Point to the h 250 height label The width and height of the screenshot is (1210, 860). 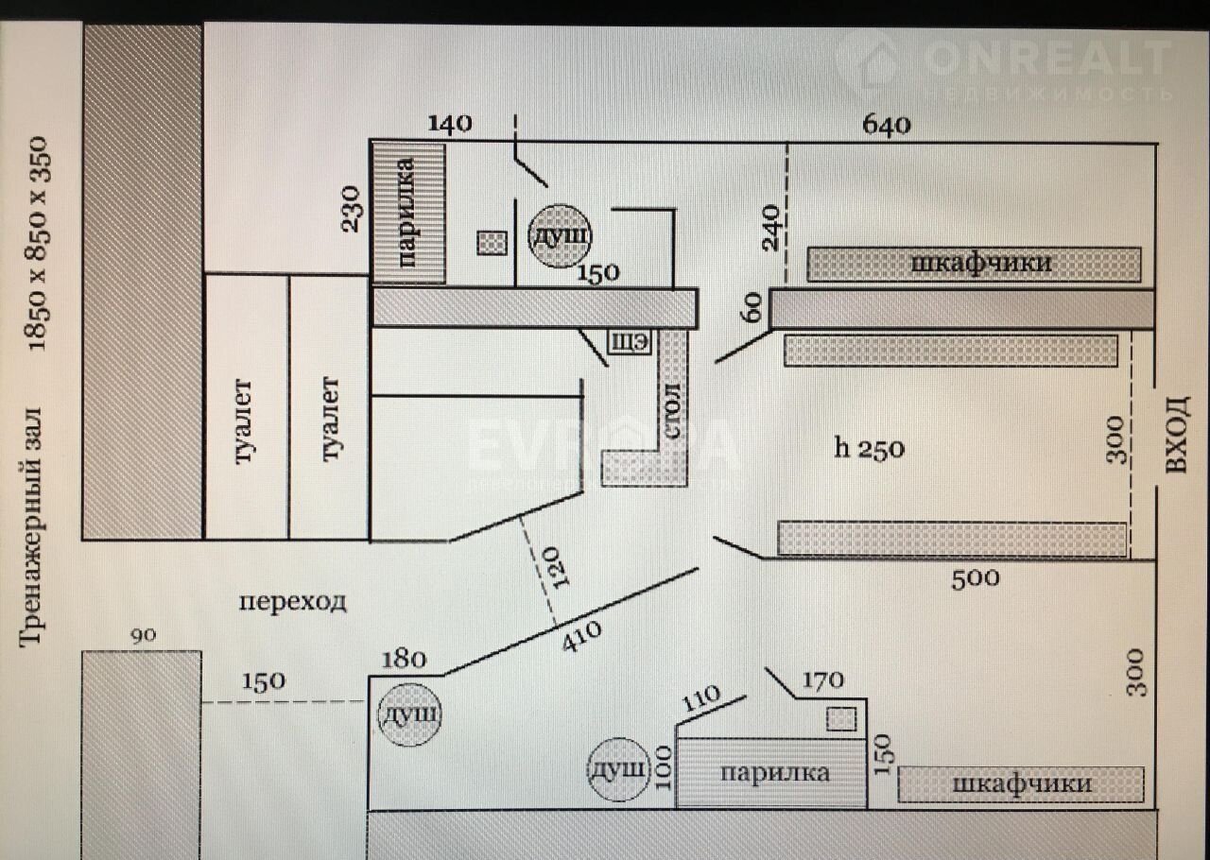869,448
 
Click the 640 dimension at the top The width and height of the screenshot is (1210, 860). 886,125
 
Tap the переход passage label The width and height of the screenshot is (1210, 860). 292,601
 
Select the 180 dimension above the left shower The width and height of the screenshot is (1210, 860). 404,658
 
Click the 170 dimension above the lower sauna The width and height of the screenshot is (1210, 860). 821,679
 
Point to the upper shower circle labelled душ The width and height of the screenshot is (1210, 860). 559,234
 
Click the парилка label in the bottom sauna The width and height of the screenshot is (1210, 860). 774,773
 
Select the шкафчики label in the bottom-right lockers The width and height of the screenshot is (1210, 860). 1021,783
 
